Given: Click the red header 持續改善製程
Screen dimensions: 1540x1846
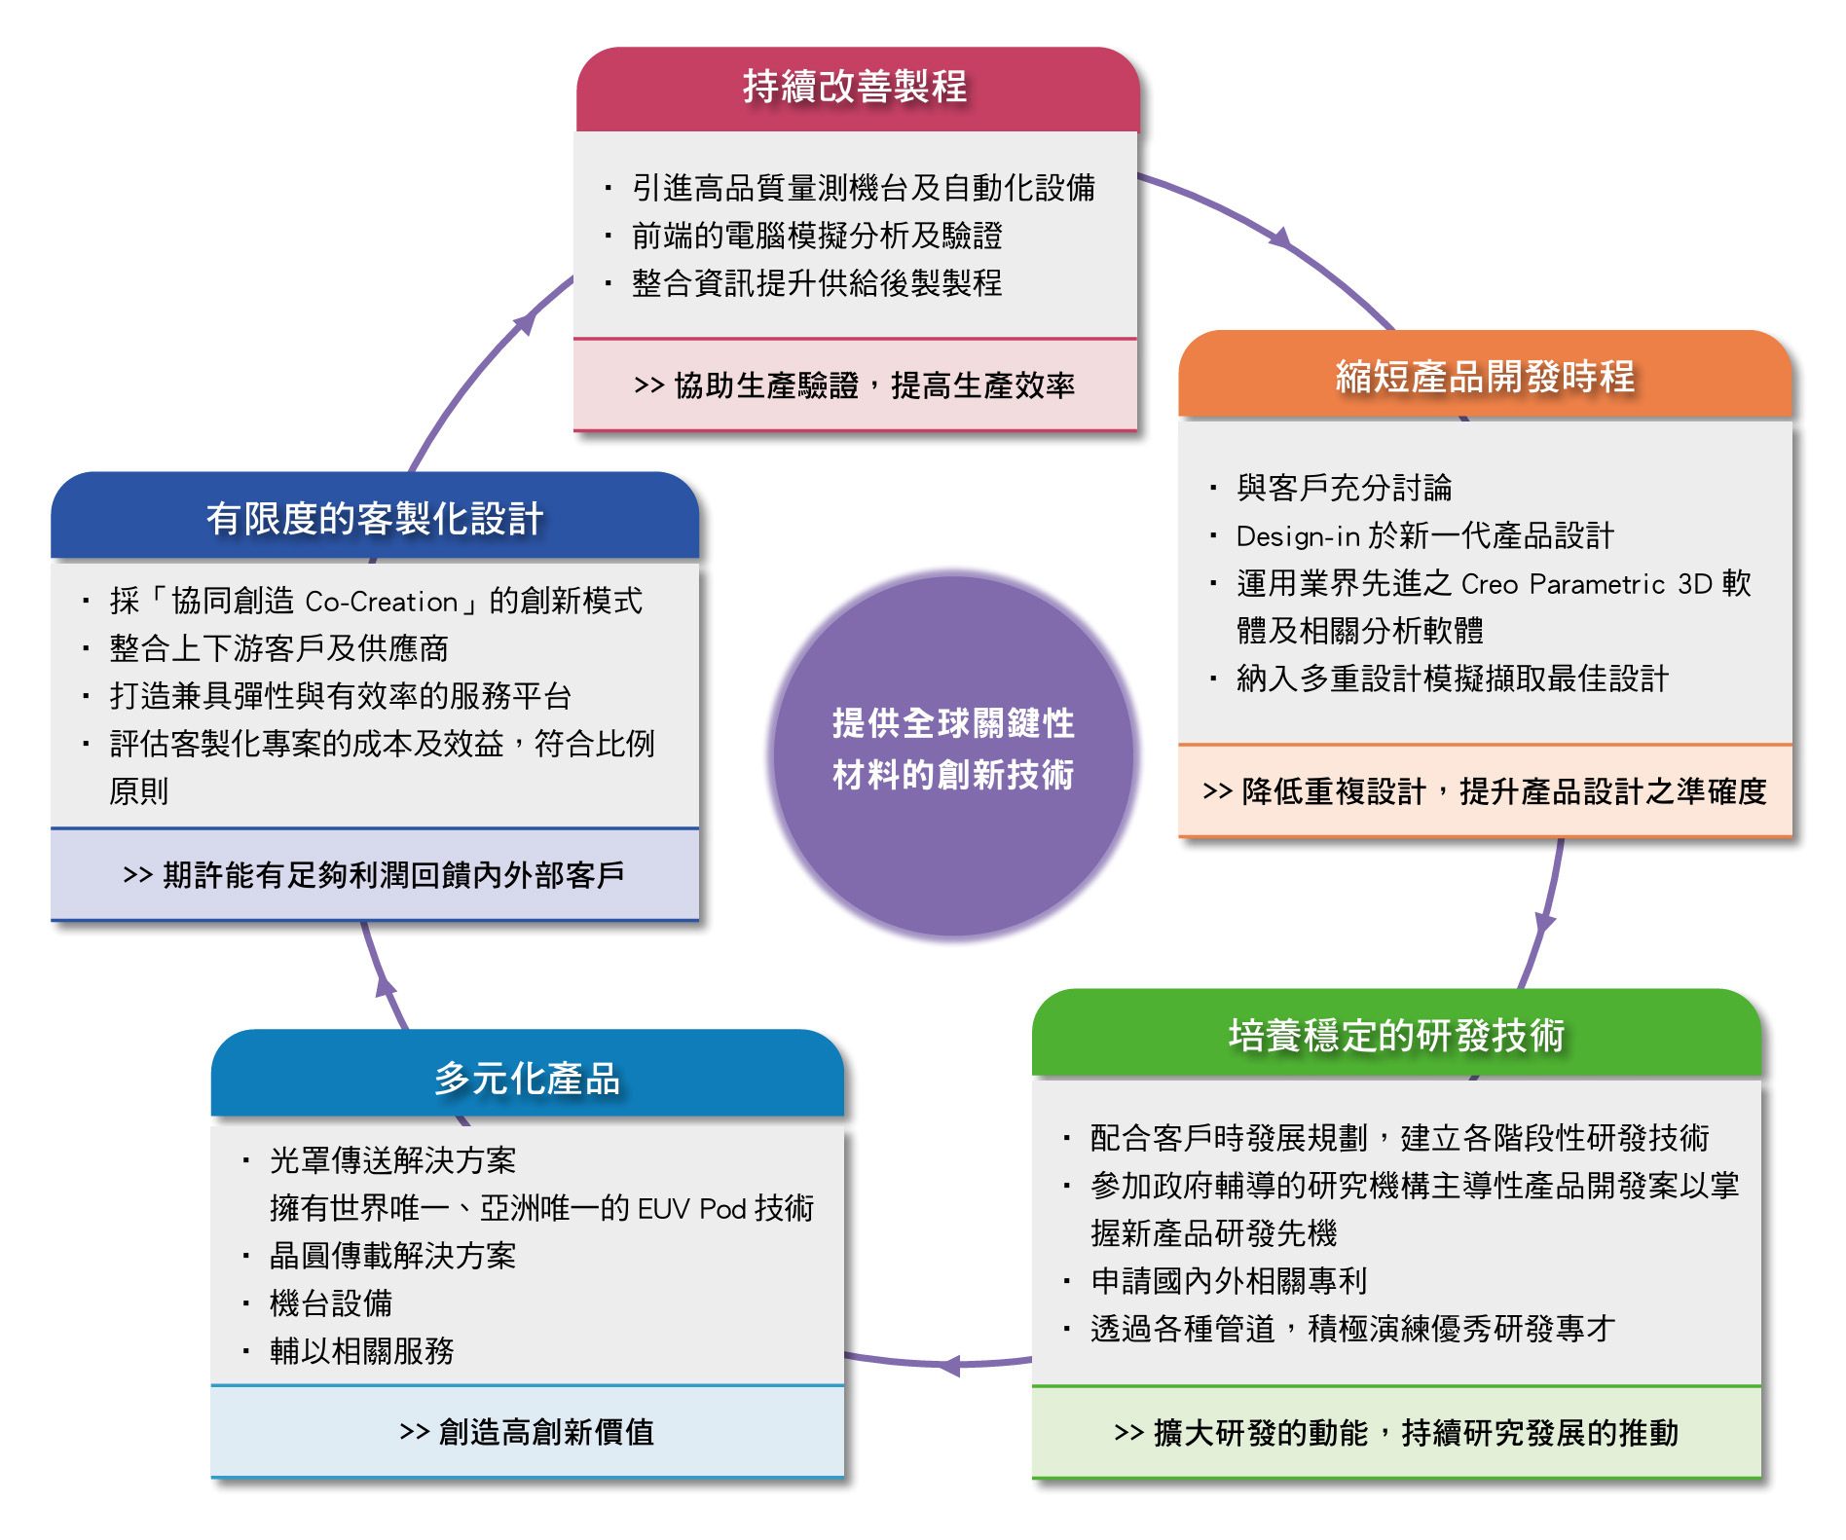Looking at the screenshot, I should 856,88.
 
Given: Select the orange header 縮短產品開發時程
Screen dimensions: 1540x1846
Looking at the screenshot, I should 1485,377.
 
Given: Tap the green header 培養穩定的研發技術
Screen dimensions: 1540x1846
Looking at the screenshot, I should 1396,1036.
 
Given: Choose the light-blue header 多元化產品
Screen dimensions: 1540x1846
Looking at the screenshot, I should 527,1079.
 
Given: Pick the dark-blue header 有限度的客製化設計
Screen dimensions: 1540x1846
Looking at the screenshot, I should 375,518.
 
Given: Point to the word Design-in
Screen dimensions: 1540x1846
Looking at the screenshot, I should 1297,535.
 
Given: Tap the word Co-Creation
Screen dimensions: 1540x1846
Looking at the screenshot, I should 381,602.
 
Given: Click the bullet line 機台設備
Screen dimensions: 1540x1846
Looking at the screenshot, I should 331,1303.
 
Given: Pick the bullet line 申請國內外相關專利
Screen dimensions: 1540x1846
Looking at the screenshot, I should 1229,1281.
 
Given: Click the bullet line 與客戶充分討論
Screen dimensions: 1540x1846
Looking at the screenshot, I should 1344,488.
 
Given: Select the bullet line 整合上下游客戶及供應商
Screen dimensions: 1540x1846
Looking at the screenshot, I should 278,648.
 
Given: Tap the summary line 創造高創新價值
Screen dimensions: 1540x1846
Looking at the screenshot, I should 527,1432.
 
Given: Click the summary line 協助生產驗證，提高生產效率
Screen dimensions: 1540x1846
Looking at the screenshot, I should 854,385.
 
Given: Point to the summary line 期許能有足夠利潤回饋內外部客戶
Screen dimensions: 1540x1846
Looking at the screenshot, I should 374,875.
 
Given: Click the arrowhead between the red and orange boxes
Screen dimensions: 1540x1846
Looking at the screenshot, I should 1280,237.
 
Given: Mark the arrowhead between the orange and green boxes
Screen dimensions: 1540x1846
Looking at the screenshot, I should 1544,922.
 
